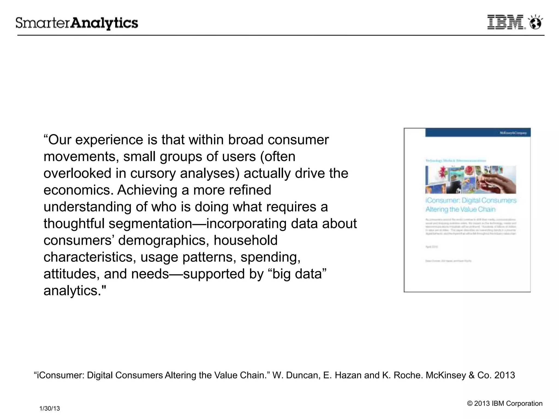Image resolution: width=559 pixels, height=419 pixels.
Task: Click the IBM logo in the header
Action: (506, 22)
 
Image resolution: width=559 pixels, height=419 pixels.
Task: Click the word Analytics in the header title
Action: (104, 23)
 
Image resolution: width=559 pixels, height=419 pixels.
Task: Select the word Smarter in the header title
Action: (43, 23)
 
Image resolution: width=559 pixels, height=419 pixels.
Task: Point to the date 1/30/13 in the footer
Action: (50, 408)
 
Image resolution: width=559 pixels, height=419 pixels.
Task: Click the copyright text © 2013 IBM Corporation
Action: (505, 403)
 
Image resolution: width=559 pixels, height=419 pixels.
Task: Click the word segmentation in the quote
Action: (150, 224)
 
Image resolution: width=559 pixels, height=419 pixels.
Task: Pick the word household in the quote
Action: (245, 241)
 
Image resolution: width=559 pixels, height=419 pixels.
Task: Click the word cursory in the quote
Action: (153, 173)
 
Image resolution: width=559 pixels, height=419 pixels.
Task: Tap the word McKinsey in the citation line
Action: (446, 375)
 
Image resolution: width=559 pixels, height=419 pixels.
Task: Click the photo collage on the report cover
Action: (471, 179)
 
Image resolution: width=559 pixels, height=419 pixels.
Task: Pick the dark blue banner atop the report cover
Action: (478, 133)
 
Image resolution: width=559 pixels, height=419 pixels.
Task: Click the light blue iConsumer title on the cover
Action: (471, 205)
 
